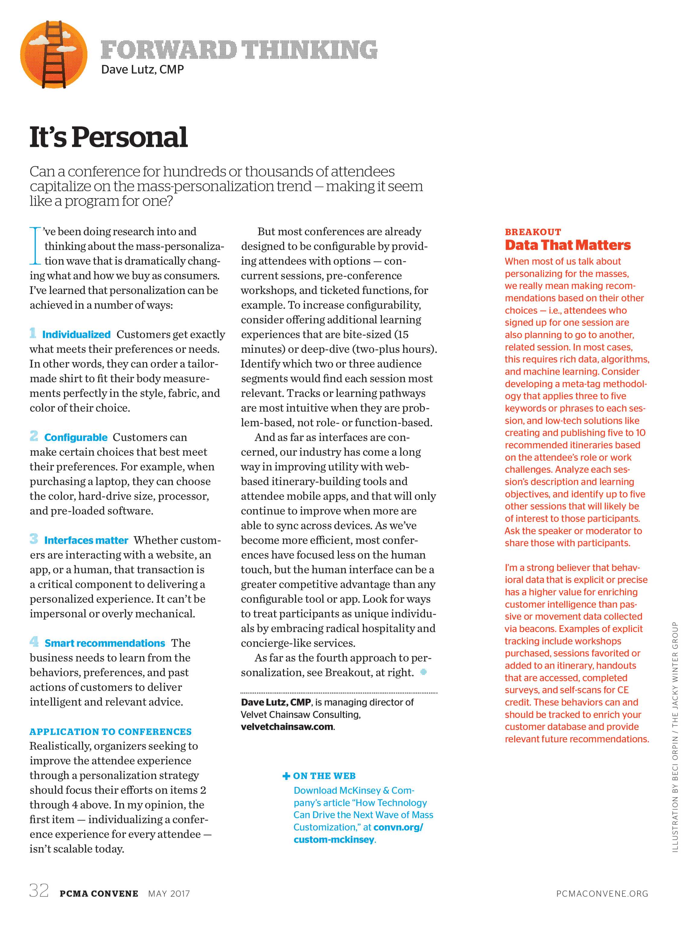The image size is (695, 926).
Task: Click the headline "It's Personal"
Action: tap(108, 137)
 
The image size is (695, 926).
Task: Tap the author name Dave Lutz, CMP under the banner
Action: tap(142, 69)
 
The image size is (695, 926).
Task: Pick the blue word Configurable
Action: tap(76, 438)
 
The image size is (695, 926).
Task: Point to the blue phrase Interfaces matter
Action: tap(86, 540)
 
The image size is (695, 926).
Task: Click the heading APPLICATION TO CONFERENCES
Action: tap(110, 732)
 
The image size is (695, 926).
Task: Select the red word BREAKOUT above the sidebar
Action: tap(532, 232)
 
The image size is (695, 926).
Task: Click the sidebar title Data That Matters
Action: tap(567, 245)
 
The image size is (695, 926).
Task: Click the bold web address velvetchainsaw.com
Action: tap(287, 727)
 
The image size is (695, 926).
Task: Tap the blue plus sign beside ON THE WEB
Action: tap(286, 776)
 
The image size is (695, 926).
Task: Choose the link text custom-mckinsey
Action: tap(333, 840)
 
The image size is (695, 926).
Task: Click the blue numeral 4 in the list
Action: tap(34, 642)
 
